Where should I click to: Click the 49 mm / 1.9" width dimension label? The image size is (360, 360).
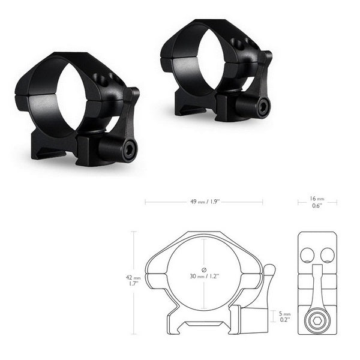pos(203,202)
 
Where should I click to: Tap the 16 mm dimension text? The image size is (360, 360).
pos(317,198)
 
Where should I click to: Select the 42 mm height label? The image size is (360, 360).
pos(133,278)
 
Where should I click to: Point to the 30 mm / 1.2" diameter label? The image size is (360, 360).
pos(203,277)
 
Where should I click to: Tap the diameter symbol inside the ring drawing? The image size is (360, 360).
pos(204,268)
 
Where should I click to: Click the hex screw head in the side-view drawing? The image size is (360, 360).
pos(317,322)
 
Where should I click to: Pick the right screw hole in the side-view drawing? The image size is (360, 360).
pos(327,254)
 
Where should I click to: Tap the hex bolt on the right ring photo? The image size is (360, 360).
pos(262,108)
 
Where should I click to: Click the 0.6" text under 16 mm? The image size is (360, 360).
pos(317,206)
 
